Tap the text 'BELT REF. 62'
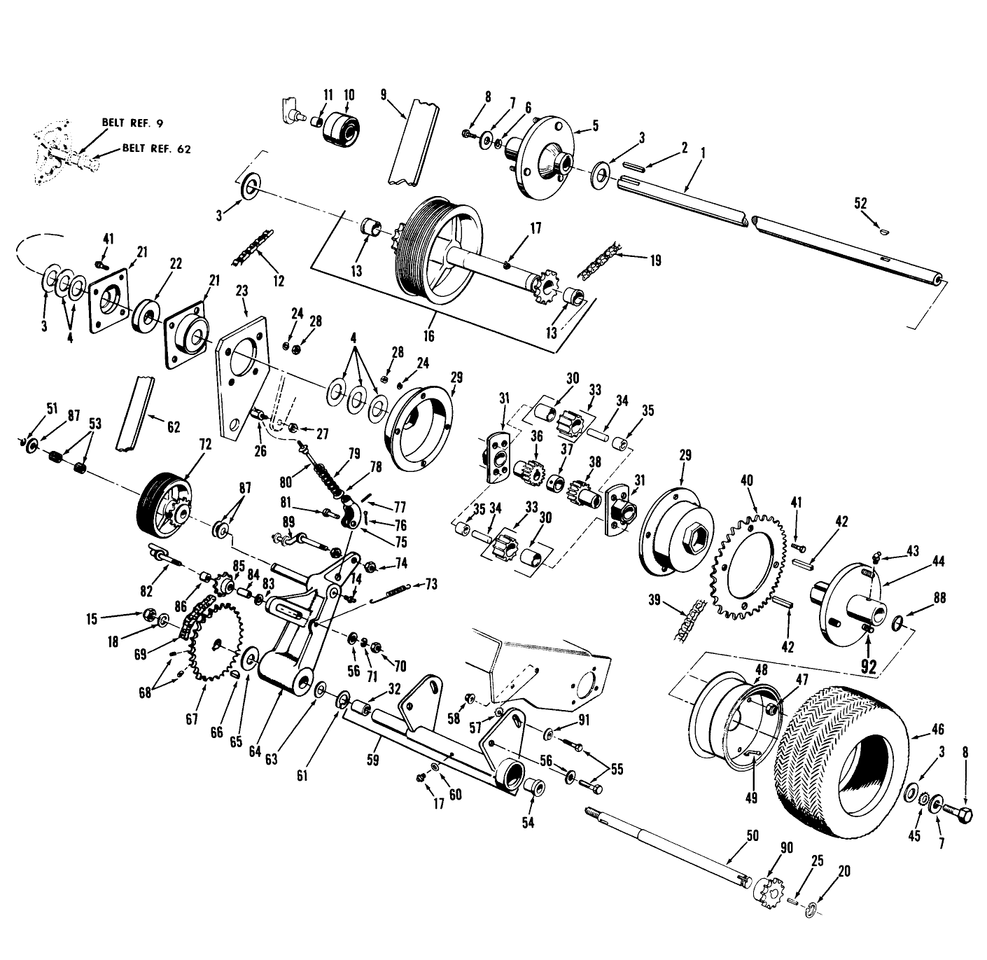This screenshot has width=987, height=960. click(157, 148)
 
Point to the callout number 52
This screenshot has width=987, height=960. click(861, 203)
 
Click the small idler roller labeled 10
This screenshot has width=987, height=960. click(341, 130)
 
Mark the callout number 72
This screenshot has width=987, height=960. click(205, 444)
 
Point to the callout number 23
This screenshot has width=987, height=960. click(242, 291)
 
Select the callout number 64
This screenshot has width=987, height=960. click(255, 751)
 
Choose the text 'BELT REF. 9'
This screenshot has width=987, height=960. click(133, 123)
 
